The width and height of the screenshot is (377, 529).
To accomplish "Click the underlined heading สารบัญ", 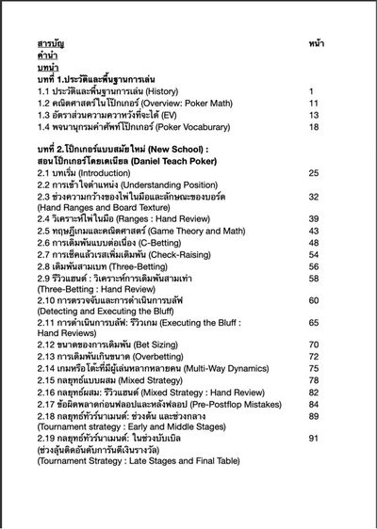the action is tap(50, 44).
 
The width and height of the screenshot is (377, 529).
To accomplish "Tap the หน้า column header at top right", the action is tap(317, 44).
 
